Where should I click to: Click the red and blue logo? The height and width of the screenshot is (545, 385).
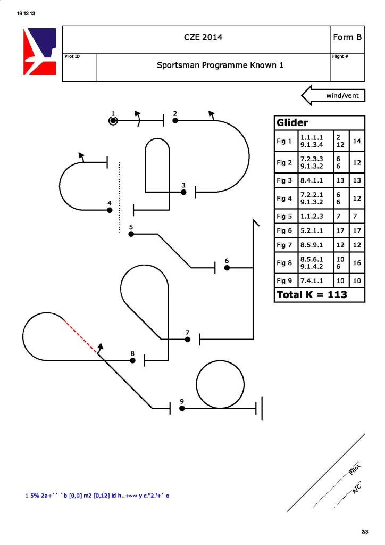tap(39, 51)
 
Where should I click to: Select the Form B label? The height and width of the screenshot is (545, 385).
tap(347, 37)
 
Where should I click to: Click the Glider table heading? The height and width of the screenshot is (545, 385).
tap(292, 123)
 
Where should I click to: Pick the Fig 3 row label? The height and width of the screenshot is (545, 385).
tap(284, 180)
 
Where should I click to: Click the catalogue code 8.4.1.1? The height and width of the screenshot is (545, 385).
tap(312, 180)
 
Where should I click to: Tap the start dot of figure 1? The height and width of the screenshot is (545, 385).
tap(113, 121)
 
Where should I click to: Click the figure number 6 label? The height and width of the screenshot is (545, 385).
tap(227, 261)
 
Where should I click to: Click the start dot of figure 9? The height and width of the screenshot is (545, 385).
tap(182, 408)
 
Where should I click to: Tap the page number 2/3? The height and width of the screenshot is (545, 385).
tap(365, 532)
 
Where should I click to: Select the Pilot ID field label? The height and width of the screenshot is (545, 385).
tap(72, 56)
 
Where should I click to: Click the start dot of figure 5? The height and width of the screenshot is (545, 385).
tap(131, 234)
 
